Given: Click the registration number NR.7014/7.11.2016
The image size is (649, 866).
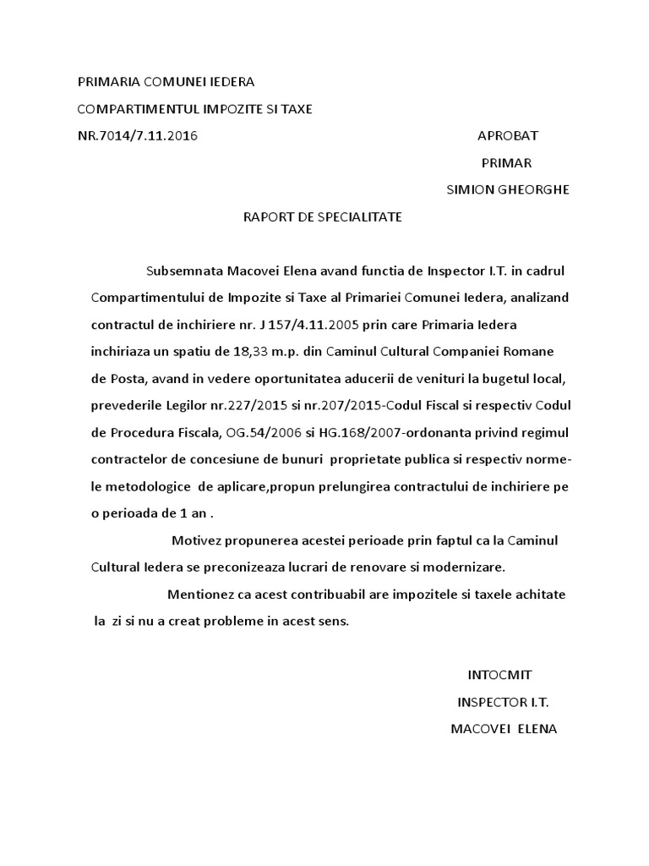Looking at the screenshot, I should tap(138, 135).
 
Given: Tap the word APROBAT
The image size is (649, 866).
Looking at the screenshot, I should tap(508, 135).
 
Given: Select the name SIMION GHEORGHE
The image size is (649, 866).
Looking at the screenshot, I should tap(507, 189).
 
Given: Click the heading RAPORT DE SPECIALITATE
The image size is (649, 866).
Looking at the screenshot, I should tap(323, 216).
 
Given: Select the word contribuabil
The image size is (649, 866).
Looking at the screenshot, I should tap(324, 595).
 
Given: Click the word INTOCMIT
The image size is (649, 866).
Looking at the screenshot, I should tap(500, 675).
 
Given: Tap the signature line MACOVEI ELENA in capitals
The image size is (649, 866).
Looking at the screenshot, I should tap(504, 729).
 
